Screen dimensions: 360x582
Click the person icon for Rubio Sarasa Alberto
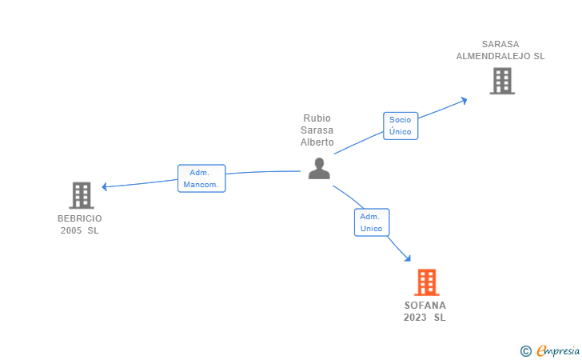319,169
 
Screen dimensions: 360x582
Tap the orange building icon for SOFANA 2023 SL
427,282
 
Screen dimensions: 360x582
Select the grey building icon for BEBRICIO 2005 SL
81,195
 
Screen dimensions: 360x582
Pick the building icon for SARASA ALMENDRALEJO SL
501,81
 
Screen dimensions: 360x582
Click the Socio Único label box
401,126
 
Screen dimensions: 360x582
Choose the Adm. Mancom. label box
201,178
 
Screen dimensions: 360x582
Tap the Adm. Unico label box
371,222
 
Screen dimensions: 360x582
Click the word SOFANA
425,306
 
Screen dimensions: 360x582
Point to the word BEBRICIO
80,218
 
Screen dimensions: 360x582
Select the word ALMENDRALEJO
500,57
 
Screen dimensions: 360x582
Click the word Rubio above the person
317,118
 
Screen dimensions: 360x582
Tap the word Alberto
317,142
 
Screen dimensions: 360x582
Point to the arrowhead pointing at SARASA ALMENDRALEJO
464,100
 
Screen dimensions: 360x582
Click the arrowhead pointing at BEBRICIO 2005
105,186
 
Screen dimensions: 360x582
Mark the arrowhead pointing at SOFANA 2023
408,258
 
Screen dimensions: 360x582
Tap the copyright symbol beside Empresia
525,350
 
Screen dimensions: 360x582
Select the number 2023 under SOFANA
416,318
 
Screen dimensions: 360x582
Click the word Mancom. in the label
201,185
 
